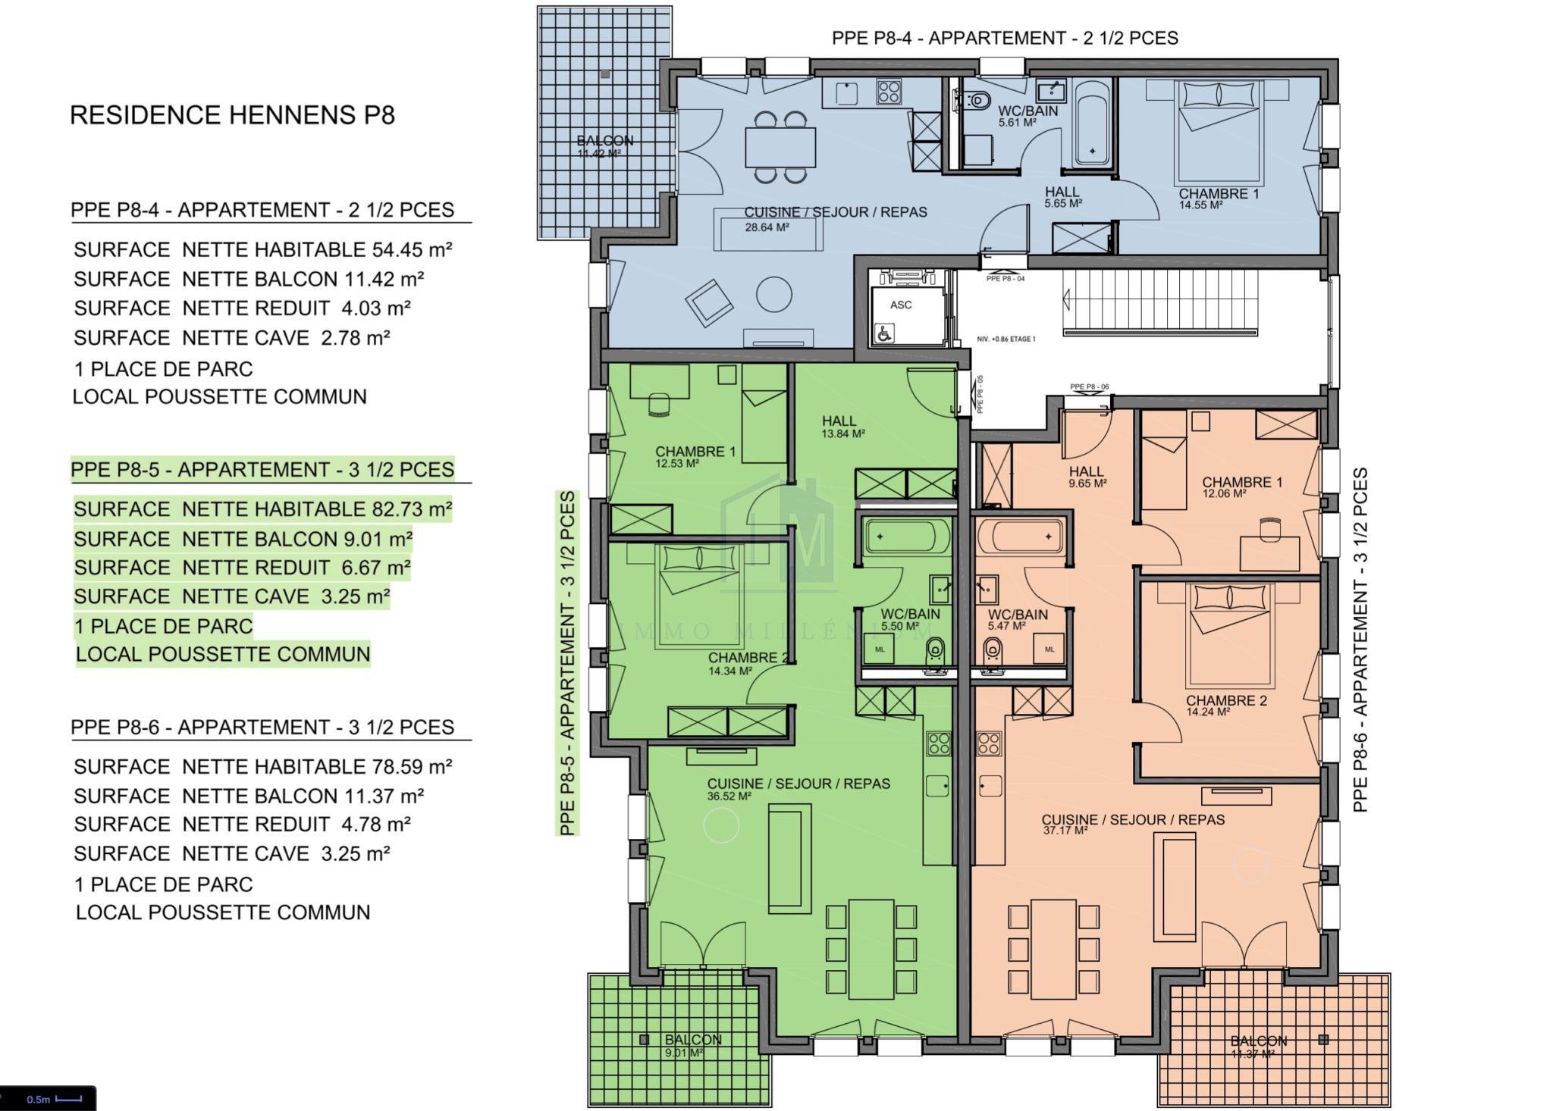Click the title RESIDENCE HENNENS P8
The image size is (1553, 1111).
232,115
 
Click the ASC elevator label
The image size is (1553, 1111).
901,305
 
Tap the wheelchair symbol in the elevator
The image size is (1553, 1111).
883,332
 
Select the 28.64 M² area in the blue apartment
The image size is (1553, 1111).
767,227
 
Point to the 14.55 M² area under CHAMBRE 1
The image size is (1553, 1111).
1200,205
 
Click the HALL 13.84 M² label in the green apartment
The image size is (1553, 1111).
842,427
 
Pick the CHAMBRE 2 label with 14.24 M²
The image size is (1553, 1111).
1225,706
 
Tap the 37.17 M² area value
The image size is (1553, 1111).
1065,831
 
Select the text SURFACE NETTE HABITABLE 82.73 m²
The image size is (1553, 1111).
262,509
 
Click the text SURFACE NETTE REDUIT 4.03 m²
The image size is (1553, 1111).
242,308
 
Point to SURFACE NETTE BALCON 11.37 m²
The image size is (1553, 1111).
249,796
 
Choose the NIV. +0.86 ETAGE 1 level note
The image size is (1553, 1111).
1006,339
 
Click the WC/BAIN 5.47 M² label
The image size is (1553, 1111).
1017,620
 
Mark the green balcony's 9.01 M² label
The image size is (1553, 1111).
684,1053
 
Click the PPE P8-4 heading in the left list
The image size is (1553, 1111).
262,210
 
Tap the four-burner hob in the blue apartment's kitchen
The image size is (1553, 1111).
889,92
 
